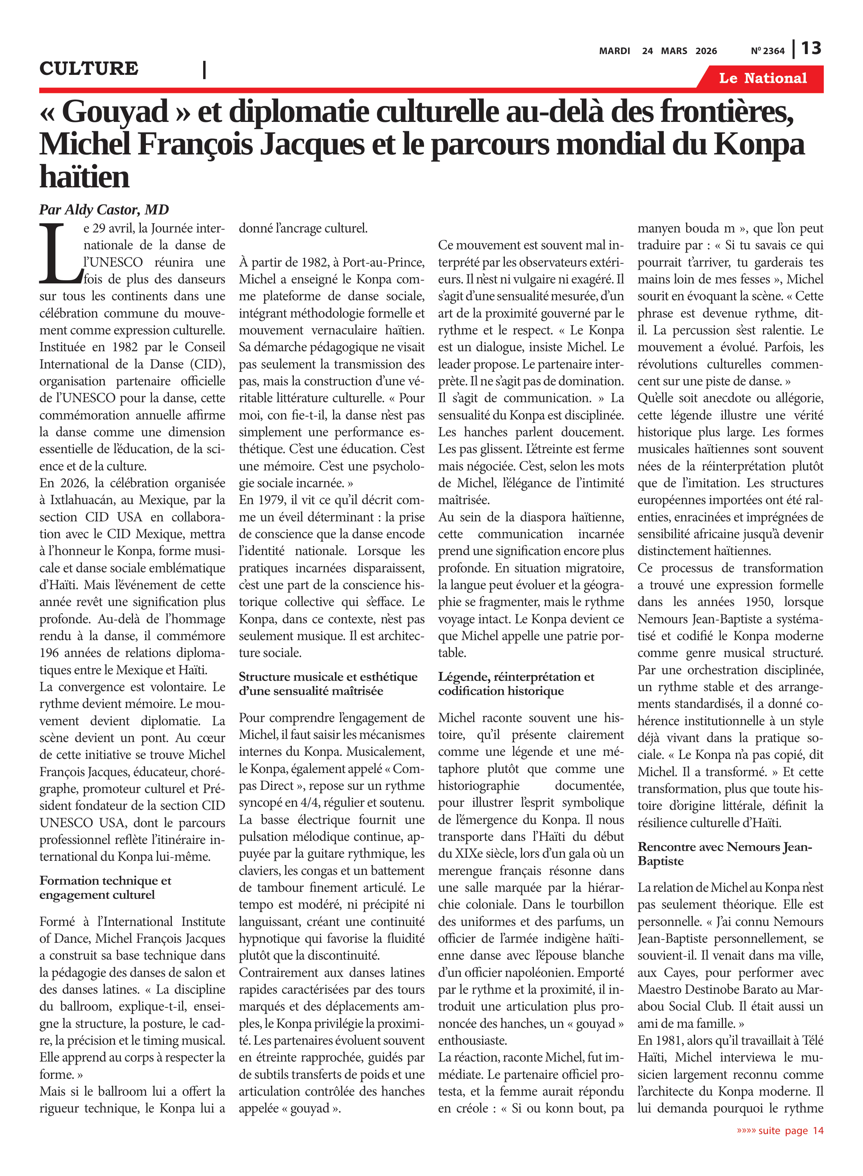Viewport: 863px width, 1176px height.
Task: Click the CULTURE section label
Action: point(89,68)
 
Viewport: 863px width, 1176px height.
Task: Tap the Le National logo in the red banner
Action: point(762,78)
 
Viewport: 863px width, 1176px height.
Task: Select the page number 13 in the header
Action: point(811,49)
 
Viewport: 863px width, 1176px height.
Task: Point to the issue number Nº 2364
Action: point(767,51)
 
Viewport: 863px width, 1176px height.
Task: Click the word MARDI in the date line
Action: point(614,51)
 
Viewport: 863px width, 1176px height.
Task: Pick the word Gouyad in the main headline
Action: point(115,112)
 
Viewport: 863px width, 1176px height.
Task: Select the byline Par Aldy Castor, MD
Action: point(104,209)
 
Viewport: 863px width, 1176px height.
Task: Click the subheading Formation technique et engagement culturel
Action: point(105,887)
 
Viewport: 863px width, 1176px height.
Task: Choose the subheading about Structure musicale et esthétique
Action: point(328,684)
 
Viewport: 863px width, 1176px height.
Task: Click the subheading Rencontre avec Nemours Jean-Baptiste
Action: point(725,853)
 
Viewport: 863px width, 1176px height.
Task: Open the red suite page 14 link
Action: point(780,1131)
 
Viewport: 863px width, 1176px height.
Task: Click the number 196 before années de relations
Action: point(50,653)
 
